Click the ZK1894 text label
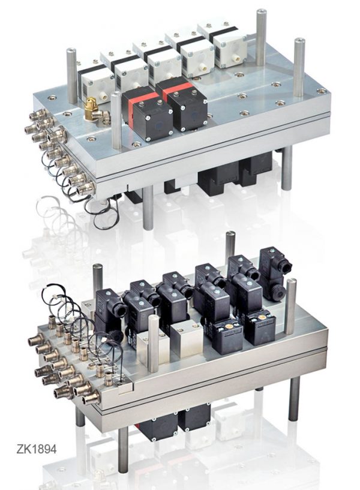point(37,449)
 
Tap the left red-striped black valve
point(146,113)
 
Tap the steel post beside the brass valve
point(116,121)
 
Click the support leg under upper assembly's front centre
point(148,208)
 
